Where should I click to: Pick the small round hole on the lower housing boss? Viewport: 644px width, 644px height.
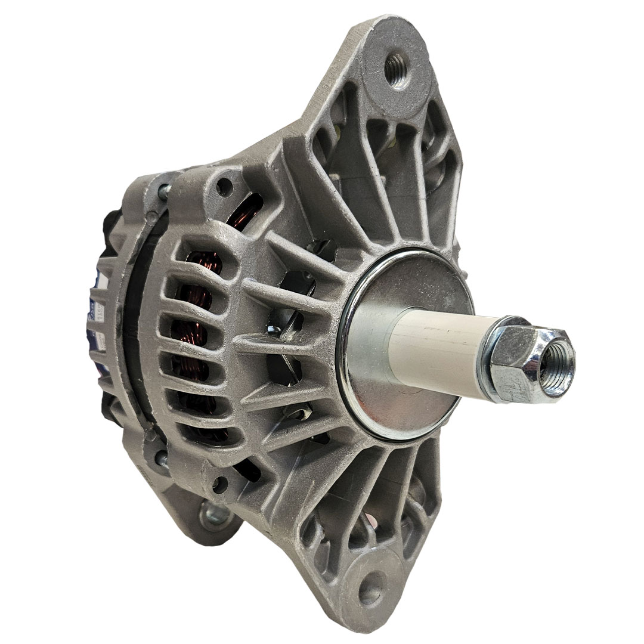pos(221,484)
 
